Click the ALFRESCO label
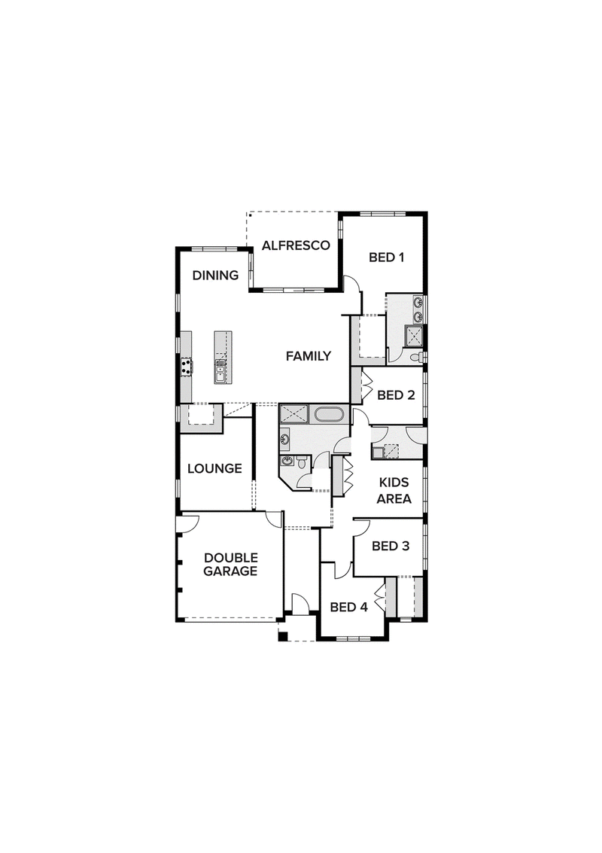click(x=296, y=245)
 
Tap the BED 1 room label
click(x=386, y=257)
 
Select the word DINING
click(x=215, y=276)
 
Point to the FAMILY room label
click(x=309, y=356)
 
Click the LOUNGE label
click(x=214, y=468)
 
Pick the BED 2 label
click(x=396, y=395)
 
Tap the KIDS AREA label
click(x=394, y=490)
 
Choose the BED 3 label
click(x=391, y=546)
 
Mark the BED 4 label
click(x=349, y=607)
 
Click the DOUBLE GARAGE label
click(x=230, y=565)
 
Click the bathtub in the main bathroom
click(x=329, y=415)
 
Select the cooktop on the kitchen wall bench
click(x=187, y=366)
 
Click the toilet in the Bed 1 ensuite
click(x=417, y=357)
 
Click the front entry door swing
click(x=301, y=603)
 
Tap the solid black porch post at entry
click(x=282, y=637)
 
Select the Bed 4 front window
click(x=354, y=638)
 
